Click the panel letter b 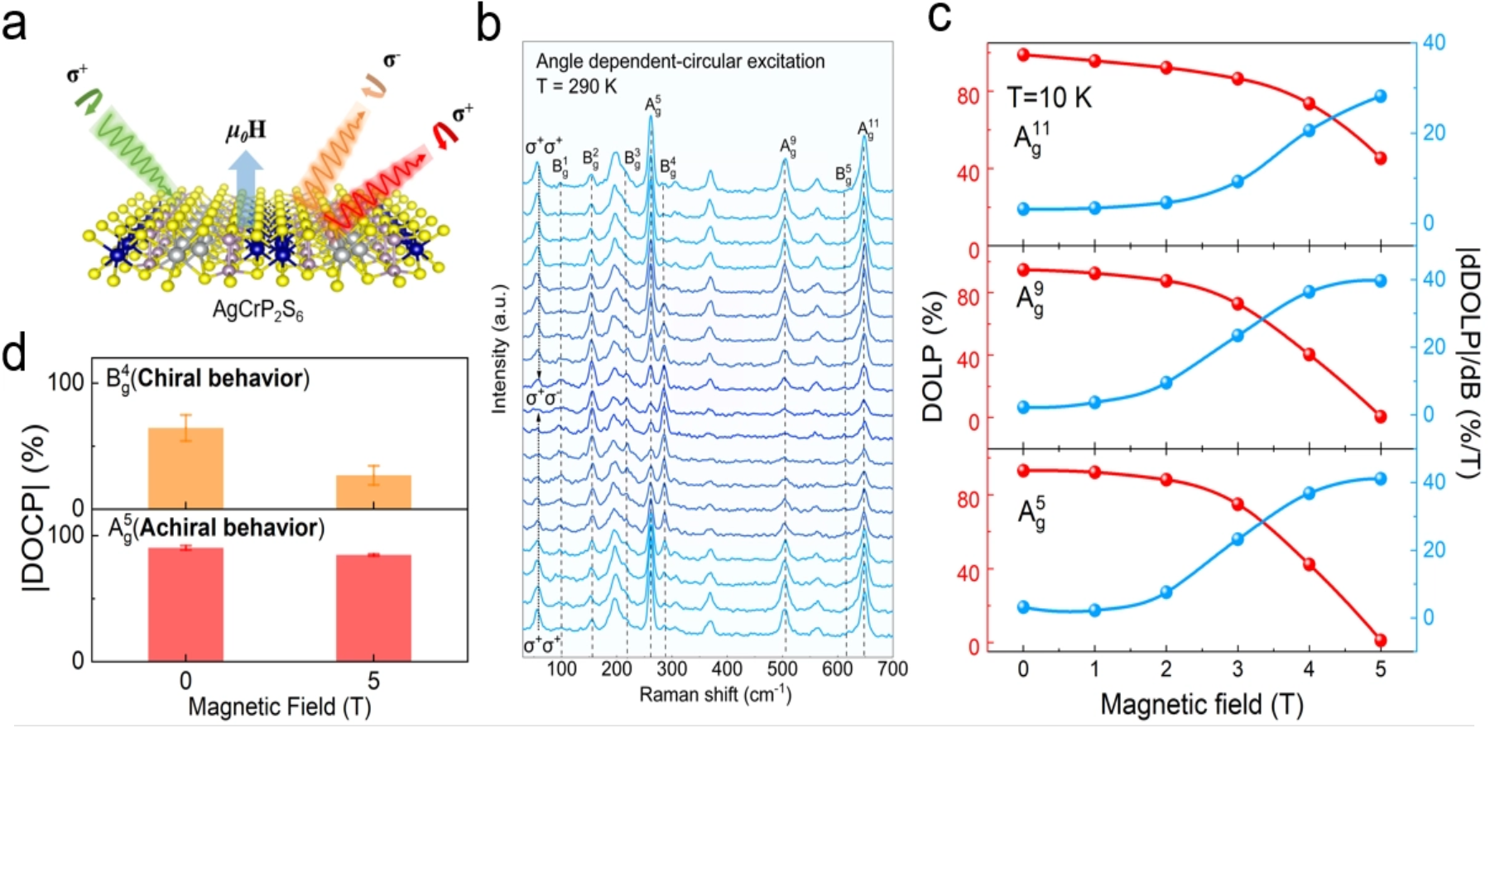coord(489,25)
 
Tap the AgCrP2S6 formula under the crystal coord(258,310)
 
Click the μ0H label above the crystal coord(246,131)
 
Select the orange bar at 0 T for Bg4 coord(185,467)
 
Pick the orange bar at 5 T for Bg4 coord(373,491)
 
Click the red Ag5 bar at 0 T coord(185,603)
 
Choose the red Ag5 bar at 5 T coord(373,607)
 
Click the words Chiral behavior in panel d coord(221,378)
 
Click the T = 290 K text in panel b coord(576,86)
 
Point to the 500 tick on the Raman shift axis coord(782,669)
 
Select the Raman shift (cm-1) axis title coord(715,695)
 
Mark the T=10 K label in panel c coord(1050,98)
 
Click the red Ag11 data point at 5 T coord(1380,158)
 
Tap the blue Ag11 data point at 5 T coord(1380,97)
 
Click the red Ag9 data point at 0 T coord(1024,270)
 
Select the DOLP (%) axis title coord(933,356)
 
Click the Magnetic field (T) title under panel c coord(1201,705)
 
